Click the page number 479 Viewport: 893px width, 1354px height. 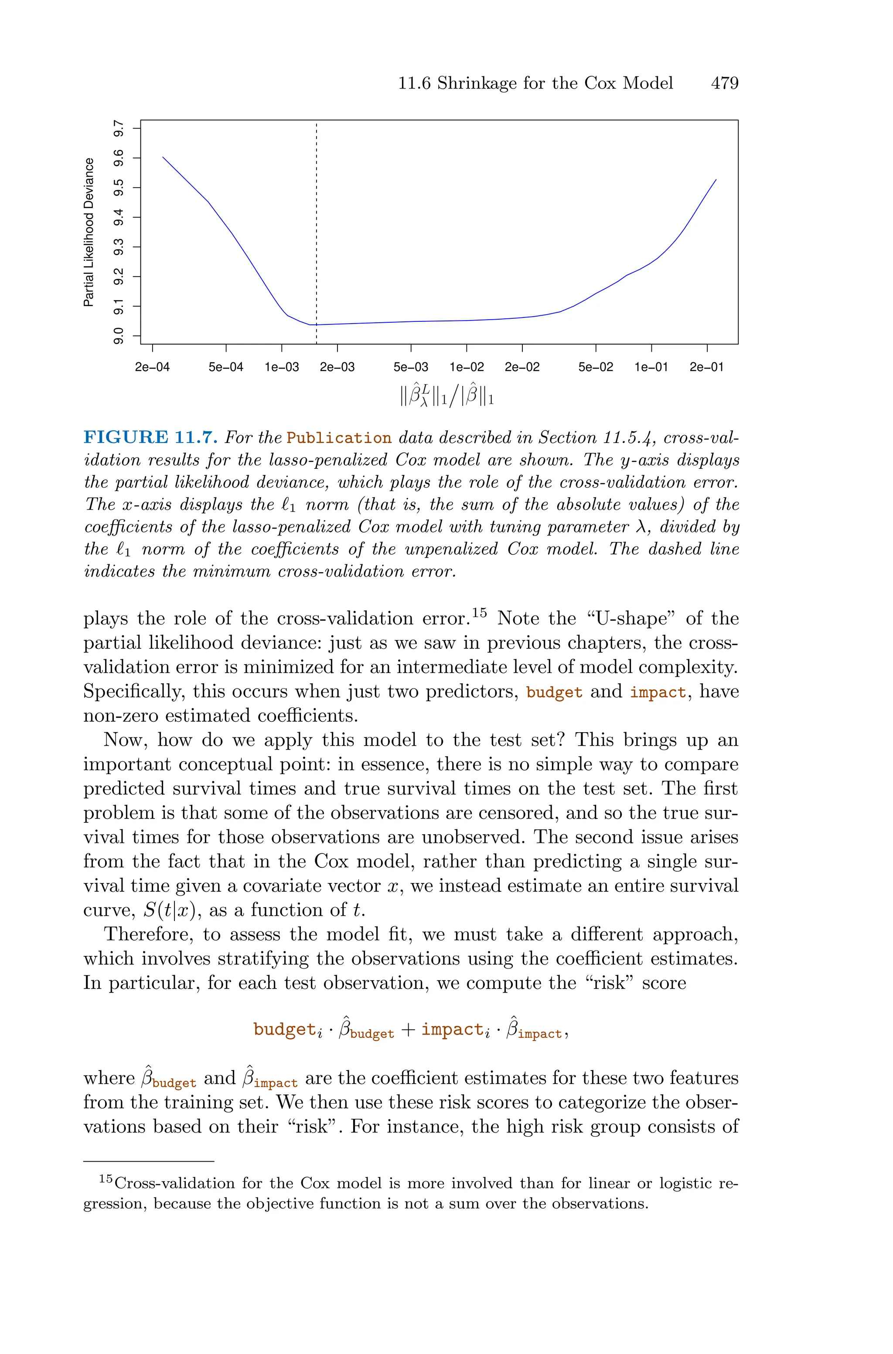tap(724, 83)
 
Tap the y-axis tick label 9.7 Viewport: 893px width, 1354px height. tap(119, 129)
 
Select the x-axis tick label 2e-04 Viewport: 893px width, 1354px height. tap(152, 367)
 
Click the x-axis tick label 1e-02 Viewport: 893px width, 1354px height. tap(467, 367)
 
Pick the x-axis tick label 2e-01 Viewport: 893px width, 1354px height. tap(706, 367)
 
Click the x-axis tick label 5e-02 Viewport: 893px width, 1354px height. tap(596, 367)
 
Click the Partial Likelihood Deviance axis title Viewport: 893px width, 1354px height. tap(89, 232)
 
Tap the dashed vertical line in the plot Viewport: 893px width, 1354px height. tap(316, 228)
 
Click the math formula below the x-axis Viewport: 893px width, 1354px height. tap(446, 395)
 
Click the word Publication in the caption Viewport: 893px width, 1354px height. tap(339, 438)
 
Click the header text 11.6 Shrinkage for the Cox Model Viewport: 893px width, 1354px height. tap(535, 83)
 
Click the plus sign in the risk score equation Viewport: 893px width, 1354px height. tap(408, 1030)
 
